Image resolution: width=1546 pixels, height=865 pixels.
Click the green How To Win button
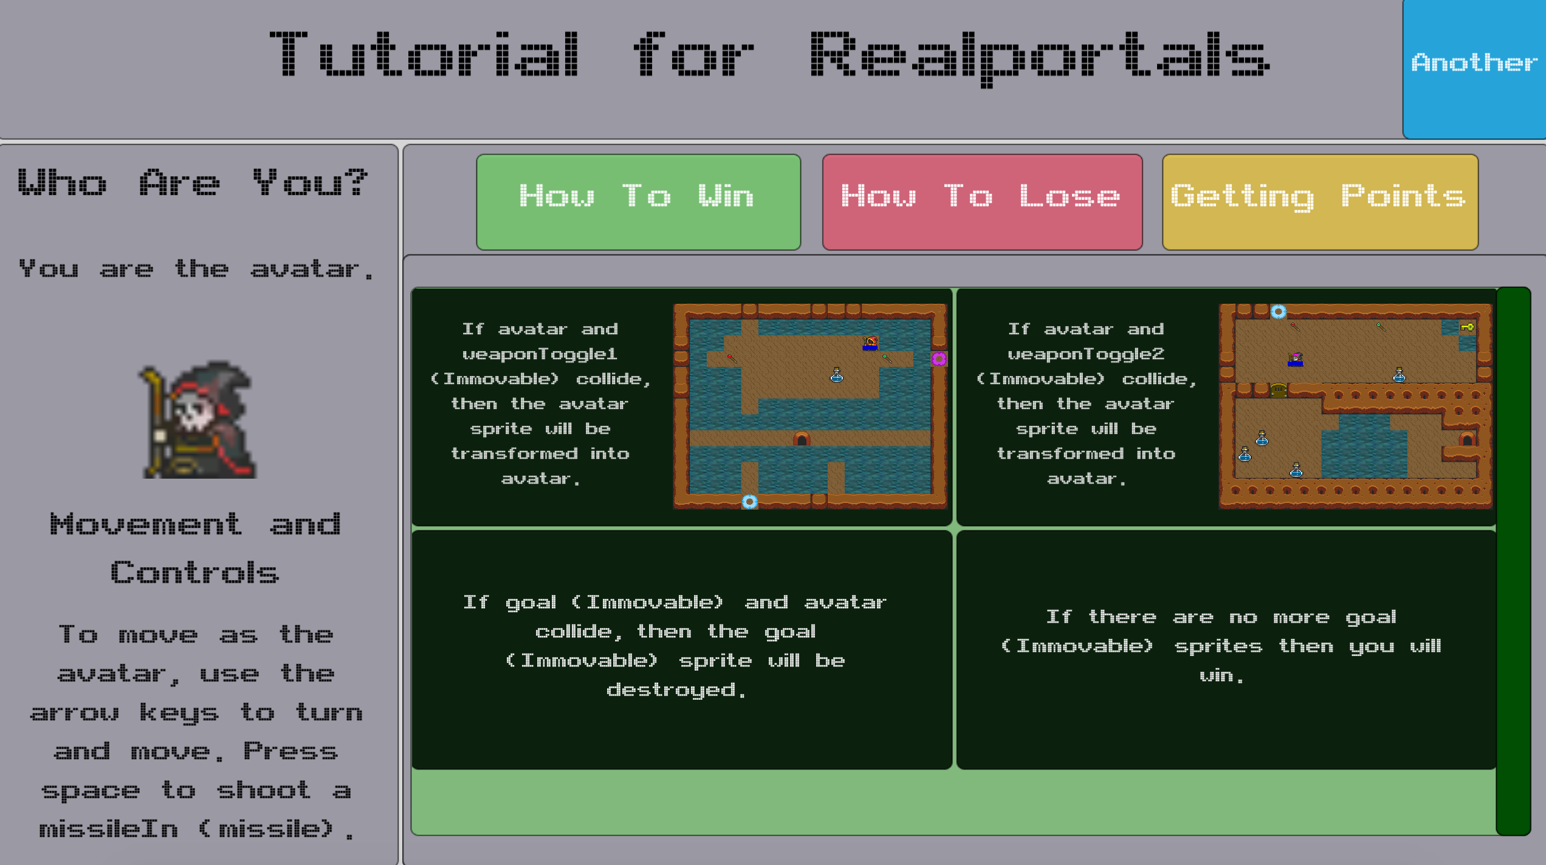coord(638,202)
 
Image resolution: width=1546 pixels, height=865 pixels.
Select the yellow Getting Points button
coord(1320,202)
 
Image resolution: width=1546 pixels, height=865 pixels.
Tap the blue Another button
coord(1474,68)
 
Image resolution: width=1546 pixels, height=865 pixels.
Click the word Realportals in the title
coord(1039,58)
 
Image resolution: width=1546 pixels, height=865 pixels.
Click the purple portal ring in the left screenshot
coord(939,359)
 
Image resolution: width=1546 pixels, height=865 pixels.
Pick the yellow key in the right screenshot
coord(1468,327)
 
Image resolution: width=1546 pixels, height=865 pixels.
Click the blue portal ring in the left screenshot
coord(750,502)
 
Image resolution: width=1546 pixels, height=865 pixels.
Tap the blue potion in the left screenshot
coord(837,375)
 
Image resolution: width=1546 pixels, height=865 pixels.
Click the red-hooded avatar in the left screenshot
coord(870,343)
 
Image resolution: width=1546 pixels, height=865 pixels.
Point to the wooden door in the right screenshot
coord(1279,390)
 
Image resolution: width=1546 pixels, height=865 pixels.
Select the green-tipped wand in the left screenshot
coord(887,358)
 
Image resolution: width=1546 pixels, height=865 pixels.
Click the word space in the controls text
coord(90,791)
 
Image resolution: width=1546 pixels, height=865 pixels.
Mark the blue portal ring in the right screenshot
coord(1279,312)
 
